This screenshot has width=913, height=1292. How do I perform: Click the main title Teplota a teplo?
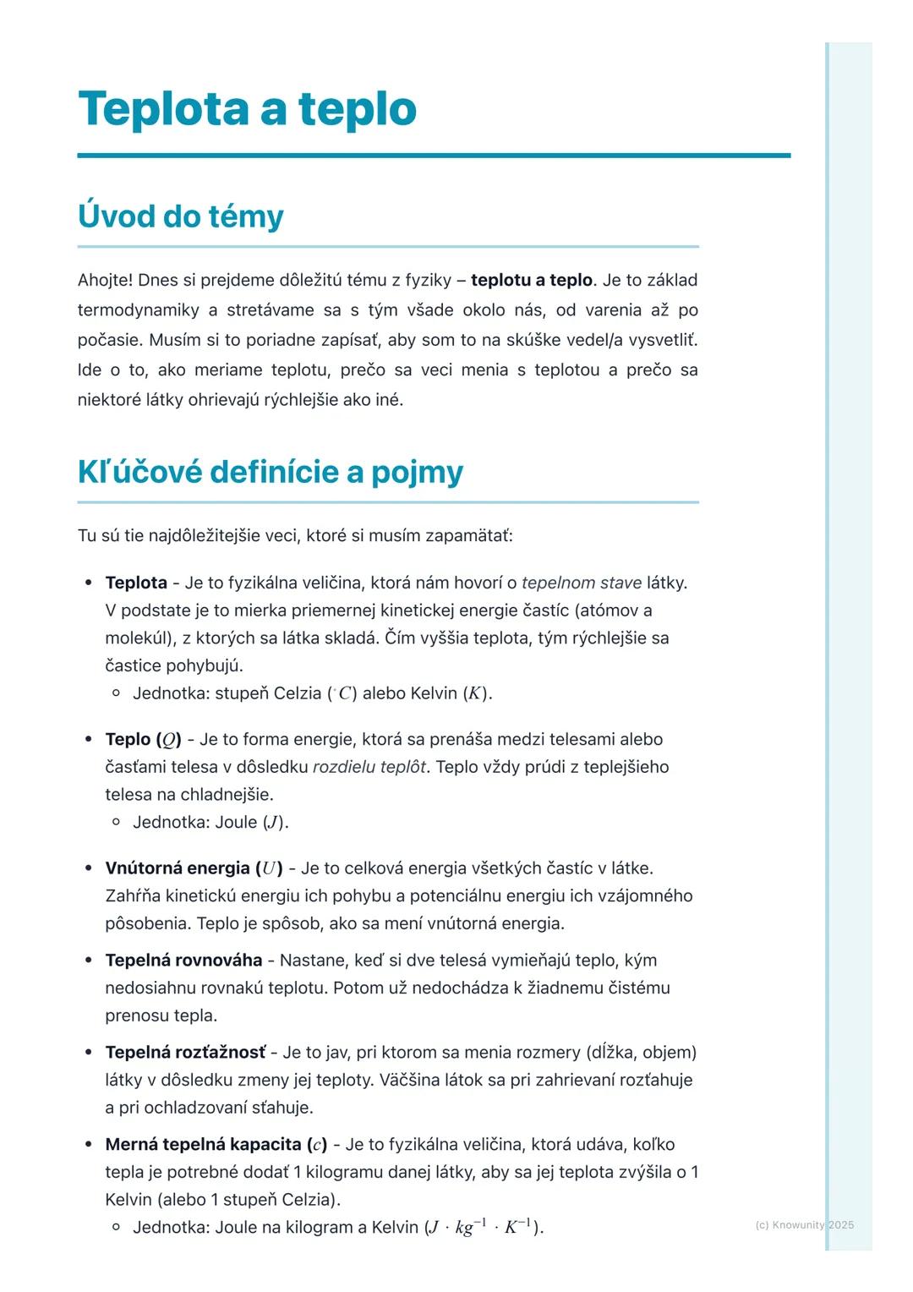tap(247, 109)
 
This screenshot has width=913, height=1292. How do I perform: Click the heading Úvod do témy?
tap(180, 216)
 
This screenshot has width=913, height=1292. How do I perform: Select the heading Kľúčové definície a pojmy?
tap(270, 472)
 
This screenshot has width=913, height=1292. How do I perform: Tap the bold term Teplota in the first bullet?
tap(136, 583)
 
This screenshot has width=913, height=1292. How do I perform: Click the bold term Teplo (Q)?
tap(143, 740)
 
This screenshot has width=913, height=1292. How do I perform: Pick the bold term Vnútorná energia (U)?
tap(194, 868)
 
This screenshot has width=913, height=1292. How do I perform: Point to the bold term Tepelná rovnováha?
tap(183, 961)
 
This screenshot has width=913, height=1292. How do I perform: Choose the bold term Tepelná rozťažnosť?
tap(185, 1053)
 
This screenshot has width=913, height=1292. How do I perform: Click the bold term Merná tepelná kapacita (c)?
tap(216, 1145)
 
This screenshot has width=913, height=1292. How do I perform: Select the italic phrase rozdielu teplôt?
tap(369, 767)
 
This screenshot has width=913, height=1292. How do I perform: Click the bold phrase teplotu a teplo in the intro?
tap(532, 280)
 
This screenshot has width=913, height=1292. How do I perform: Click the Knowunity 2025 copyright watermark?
tap(804, 1224)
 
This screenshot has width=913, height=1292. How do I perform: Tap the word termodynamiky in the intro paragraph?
tap(138, 310)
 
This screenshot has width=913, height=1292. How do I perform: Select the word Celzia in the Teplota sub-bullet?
tap(298, 693)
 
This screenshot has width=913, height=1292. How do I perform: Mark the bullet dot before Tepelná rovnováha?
tap(89, 961)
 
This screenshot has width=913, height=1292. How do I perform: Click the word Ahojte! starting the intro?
tap(105, 280)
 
